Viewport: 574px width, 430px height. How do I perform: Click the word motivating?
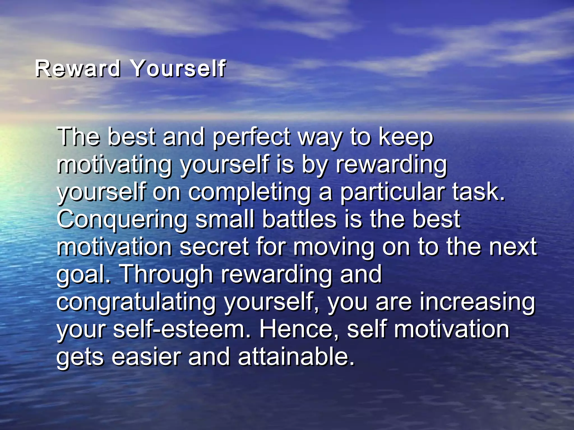coord(114,165)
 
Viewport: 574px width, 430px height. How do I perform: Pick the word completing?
coord(249,193)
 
